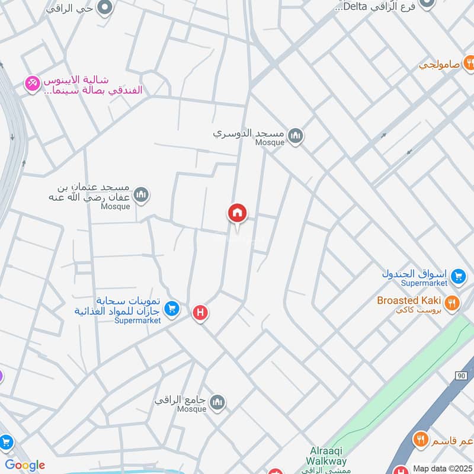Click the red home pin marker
click(238, 213)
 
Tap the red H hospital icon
click(201, 312)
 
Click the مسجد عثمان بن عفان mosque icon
click(141, 194)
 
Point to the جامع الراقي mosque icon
click(217, 402)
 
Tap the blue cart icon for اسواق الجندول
click(457, 276)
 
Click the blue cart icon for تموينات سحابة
click(172, 308)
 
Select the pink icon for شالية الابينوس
click(31, 85)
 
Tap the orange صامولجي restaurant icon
click(469, 62)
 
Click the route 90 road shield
click(462, 376)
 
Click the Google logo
click(24, 465)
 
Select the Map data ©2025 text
click(442, 468)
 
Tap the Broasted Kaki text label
click(409, 300)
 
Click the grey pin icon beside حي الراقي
click(105, 8)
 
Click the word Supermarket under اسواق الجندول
click(423, 283)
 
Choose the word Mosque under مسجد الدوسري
click(270, 142)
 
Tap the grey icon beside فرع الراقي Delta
click(427, 4)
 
